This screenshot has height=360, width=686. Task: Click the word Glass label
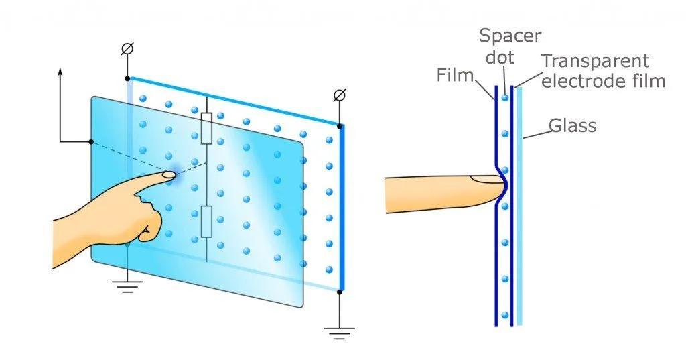point(572,125)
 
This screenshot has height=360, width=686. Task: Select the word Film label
point(455,75)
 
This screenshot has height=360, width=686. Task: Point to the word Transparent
point(596,61)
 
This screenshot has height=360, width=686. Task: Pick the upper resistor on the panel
point(206,128)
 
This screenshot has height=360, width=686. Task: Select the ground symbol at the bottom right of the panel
point(339,329)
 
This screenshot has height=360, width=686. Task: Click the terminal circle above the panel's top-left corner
point(127,49)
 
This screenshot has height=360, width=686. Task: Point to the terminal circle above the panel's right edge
point(339,96)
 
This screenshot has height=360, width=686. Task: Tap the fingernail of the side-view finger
point(486,179)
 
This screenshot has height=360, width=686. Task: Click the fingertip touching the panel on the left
point(167,176)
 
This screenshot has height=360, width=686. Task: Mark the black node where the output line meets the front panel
point(91,141)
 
